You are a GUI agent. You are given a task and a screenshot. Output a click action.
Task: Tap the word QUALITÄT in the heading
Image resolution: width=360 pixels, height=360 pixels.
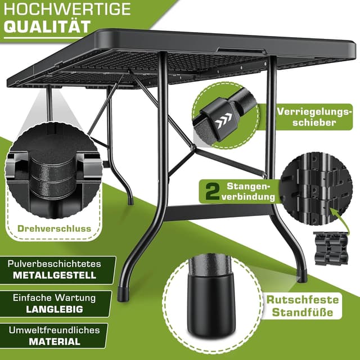pos(47,26)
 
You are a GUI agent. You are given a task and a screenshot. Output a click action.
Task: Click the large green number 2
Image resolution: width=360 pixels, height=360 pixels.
pos(212,191)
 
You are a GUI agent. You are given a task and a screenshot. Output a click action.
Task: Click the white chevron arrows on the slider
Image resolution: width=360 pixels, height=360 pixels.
pos(224,120)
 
